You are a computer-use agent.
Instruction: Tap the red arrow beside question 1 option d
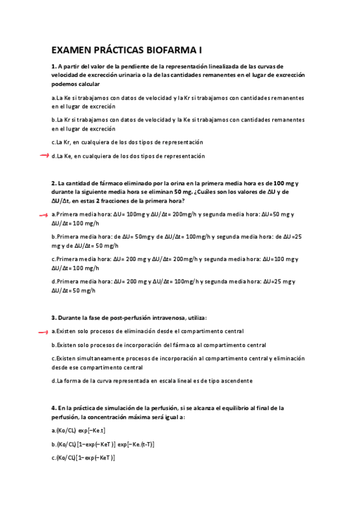coord(43,156)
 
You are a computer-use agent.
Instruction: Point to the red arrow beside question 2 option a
coord(43,214)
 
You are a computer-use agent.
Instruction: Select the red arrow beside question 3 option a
coord(43,331)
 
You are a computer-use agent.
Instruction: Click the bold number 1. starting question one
coord(53,66)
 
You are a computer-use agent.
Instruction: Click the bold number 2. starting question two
coord(53,183)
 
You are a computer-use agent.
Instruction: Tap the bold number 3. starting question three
coord(53,318)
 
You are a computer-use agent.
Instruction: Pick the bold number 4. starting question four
coord(53,408)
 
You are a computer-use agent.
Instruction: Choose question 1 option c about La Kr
coord(127,142)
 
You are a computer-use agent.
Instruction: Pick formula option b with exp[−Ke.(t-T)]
coord(103,444)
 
